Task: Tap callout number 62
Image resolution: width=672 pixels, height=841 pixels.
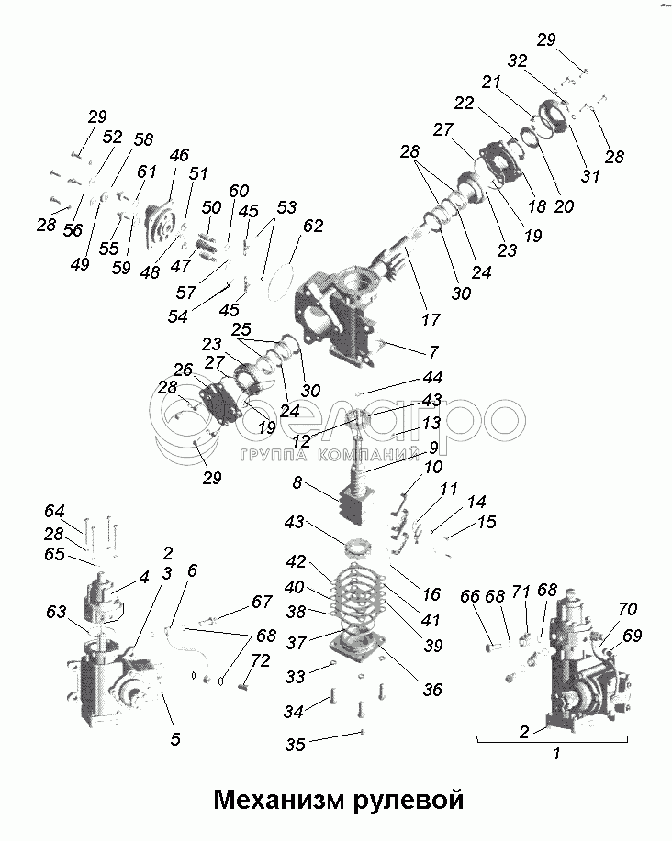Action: pos(312,226)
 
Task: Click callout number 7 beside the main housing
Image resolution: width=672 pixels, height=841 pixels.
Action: pos(433,351)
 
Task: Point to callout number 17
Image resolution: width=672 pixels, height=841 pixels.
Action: pos(431,320)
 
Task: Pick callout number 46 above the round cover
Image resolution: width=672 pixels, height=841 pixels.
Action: pos(179,155)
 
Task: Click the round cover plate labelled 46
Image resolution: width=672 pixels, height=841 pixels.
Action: pos(163,226)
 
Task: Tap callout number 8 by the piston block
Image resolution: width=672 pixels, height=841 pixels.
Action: pos(297,482)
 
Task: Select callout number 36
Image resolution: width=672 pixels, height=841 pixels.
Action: pos(432,689)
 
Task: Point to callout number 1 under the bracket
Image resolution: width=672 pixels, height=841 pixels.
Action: pos(556,753)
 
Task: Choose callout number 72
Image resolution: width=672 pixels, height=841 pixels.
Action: pos(261,660)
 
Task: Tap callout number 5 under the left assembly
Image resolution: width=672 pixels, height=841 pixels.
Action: pos(175,739)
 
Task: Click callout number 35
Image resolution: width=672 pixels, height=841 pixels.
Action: pos(295,745)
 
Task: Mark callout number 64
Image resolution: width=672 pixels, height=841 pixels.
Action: pos(54,511)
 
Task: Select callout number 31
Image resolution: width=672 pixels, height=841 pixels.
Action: pos(590,175)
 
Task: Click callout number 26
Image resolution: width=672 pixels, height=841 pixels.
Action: pos(183,370)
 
